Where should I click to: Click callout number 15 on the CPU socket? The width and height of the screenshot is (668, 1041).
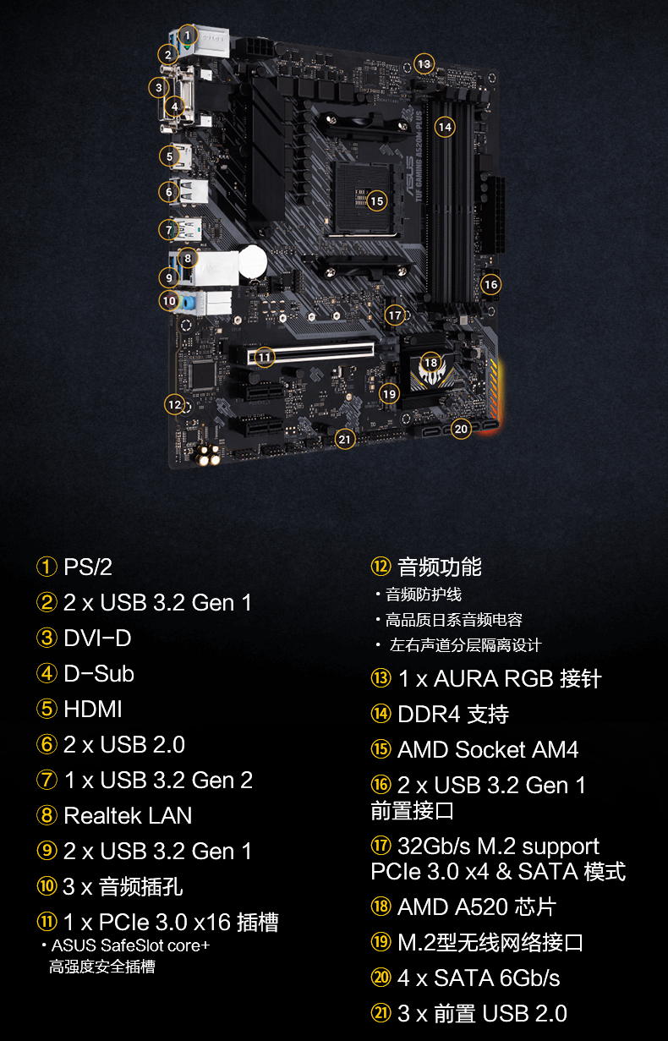click(x=377, y=201)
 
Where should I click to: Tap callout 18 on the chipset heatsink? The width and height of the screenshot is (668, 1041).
click(x=430, y=363)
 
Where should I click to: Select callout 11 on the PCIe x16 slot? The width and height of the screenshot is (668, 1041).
click(x=265, y=358)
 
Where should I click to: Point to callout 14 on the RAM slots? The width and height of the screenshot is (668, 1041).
click(x=445, y=127)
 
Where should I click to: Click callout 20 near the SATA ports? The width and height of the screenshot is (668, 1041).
click(x=461, y=429)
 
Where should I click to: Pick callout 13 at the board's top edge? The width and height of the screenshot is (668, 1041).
click(x=424, y=64)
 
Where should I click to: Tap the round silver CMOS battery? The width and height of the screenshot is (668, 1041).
click(x=253, y=261)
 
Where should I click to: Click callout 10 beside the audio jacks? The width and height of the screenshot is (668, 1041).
click(x=169, y=301)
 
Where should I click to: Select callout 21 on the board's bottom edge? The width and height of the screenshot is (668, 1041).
click(x=344, y=439)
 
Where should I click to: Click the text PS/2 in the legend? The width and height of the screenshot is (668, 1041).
click(x=88, y=567)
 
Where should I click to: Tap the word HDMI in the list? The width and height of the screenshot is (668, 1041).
click(x=93, y=710)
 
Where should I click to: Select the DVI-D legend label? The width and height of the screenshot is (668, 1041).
click(x=97, y=638)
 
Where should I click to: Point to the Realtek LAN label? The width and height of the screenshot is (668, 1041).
click(x=128, y=815)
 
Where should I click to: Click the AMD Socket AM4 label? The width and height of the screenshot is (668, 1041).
click(x=488, y=749)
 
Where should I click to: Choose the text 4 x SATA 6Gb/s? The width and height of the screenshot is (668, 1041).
click(x=479, y=978)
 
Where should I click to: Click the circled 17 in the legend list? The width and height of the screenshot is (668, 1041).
click(x=381, y=846)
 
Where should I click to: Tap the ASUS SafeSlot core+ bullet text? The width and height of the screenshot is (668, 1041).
click(x=130, y=945)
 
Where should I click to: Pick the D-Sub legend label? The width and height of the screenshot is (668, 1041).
click(x=99, y=674)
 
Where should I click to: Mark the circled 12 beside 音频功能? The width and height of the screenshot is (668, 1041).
click(x=381, y=567)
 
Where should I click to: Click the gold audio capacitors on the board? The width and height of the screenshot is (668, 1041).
click(x=208, y=454)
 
